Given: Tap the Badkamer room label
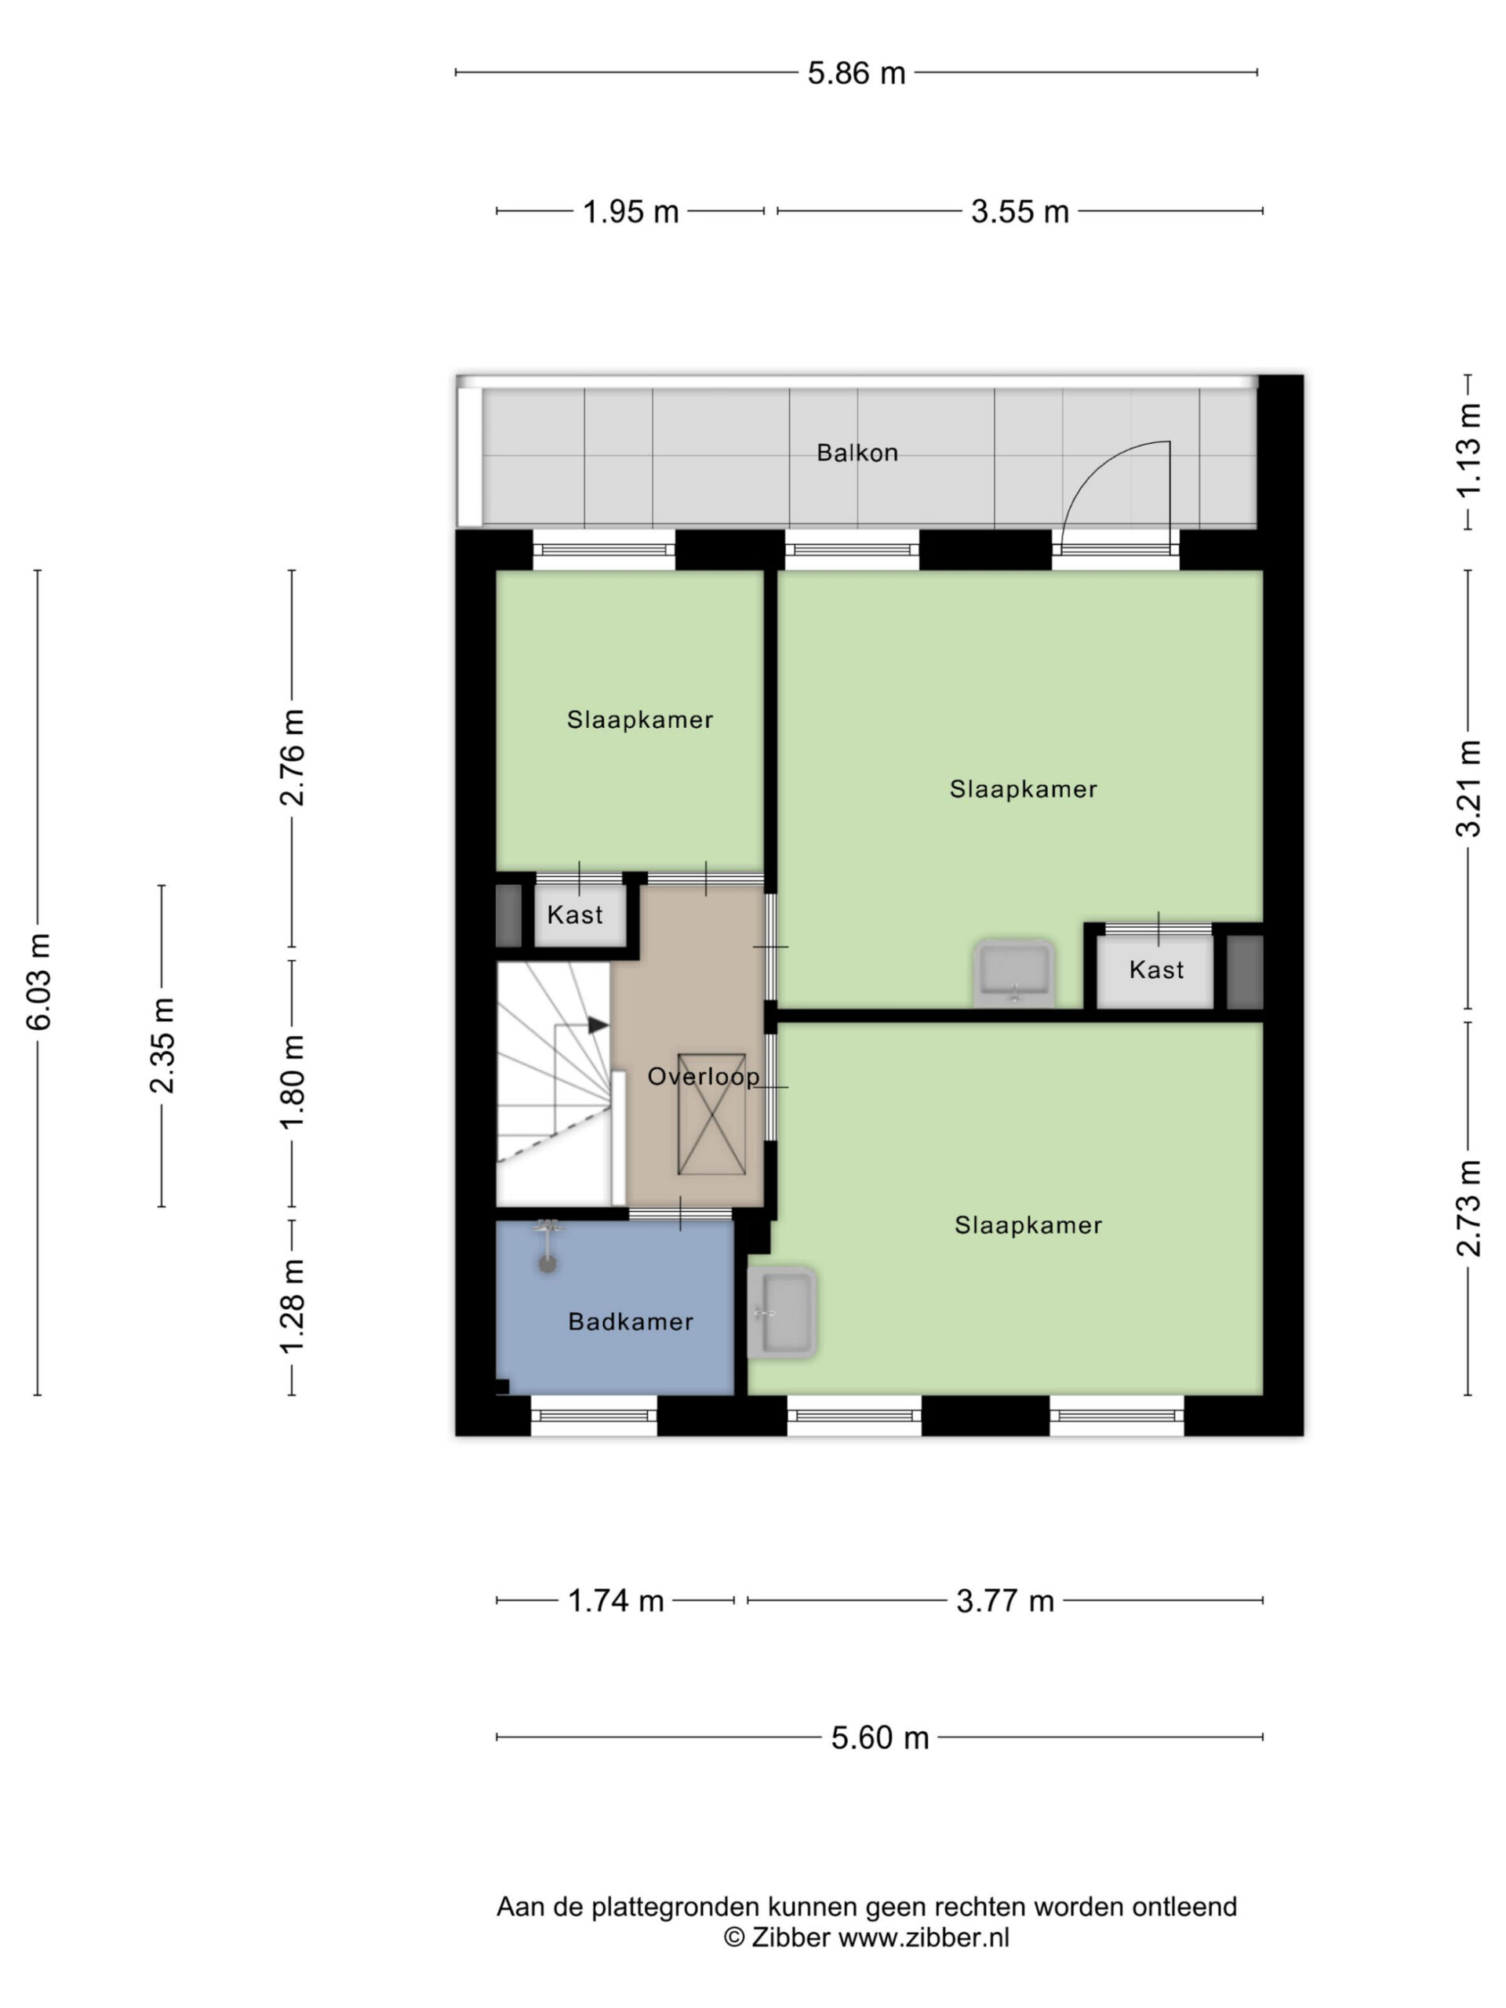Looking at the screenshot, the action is (x=630, y=1322).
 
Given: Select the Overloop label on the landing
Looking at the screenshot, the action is (x=703, y=1077).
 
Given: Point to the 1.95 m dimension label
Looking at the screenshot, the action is (x=630, y=212).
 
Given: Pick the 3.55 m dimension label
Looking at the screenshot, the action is (x=1020, y=212).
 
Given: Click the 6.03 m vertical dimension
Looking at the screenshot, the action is (x=38, y=982).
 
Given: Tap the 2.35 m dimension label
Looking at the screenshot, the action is (x=162, y=1046).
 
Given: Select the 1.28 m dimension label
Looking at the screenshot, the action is (x=293, y=1308).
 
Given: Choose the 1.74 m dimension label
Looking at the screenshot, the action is (x=616, y=1600).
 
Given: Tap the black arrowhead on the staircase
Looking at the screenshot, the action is (x=598, y=1025).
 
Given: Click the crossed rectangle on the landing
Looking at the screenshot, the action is (x=711, y=1115).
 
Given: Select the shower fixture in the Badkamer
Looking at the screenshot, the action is (x=547, y=1246).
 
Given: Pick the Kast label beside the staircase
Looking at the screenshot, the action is (x=575, y=915).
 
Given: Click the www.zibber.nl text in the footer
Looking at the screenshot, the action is (x=923, y=1937).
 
